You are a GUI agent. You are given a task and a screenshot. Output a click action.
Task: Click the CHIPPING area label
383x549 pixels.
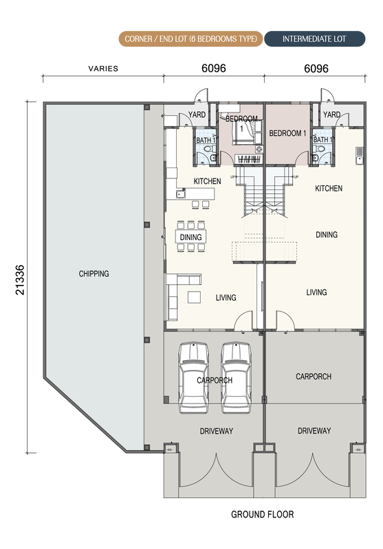tap(94, 273)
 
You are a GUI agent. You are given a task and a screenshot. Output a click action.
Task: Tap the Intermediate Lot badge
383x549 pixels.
tap(314, 39)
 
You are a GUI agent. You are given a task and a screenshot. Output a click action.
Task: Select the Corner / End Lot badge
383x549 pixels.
tap(190, 39)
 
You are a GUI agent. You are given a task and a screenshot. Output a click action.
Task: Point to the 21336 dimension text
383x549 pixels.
tap(20, 280)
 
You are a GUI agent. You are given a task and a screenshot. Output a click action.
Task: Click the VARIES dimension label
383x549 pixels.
tap(103, 69)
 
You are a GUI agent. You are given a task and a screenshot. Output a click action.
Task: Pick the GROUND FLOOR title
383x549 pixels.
tap(263, 514)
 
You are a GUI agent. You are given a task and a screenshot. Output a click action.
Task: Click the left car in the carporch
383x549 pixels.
tap(193, 378)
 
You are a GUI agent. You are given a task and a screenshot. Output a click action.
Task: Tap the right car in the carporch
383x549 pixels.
tap(236, 378)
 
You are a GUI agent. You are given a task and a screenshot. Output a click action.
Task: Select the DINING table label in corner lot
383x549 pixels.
tap(190, 237)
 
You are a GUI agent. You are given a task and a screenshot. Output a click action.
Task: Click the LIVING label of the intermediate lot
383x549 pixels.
tap(316, 292)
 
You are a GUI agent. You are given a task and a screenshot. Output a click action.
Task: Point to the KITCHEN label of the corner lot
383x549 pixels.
tap(207, 181)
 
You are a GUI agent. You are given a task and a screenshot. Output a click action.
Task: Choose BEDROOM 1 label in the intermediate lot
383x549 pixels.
tap(287, 133)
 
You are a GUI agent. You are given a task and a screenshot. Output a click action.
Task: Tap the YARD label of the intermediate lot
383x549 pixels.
tap(332, 115)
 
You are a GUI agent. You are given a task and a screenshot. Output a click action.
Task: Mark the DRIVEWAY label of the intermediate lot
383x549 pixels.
tap(314, 431)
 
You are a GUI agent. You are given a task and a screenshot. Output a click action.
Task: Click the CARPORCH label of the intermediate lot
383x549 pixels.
tap(314, 376)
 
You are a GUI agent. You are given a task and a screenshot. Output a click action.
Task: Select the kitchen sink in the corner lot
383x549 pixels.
tap(181, 194)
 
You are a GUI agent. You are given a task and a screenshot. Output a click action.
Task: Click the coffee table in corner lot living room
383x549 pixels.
tap(195, 297)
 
